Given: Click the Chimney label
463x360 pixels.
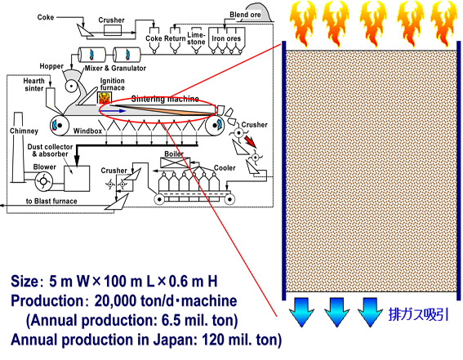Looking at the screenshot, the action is click(x=24, y=131).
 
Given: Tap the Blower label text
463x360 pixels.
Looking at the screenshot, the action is click(x=45, y=167).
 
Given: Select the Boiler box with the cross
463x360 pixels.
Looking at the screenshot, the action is click(x=175, y=163).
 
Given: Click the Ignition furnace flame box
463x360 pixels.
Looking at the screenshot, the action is click(x=105, y=98).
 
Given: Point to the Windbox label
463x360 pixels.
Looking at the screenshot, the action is click(x=87, y=131).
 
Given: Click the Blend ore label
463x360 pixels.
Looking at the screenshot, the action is click(x=245, y=15).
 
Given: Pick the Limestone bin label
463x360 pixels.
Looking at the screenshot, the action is click(x=196, y=38).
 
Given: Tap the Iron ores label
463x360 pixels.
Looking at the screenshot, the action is click(x=226, y=38).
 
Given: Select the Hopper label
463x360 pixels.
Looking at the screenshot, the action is click(x=51, y=66).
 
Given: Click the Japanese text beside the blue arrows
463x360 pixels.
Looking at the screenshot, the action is click(x=418, y=314).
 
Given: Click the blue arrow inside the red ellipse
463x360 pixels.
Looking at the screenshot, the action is click(x=115, y=111).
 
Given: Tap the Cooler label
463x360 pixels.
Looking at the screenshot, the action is click(x=225, y=168).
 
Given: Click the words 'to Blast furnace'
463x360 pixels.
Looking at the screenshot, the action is click(x=51, y=202).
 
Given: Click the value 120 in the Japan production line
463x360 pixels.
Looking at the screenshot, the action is click(x=214, y=340).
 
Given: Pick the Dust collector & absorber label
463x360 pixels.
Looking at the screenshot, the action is click(x=50, y=150).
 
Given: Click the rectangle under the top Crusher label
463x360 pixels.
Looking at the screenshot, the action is click(x=113, y=30).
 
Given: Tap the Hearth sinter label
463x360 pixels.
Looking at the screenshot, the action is click(x=34, y=85).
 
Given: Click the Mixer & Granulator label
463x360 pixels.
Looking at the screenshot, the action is click(x=115, y=69).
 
